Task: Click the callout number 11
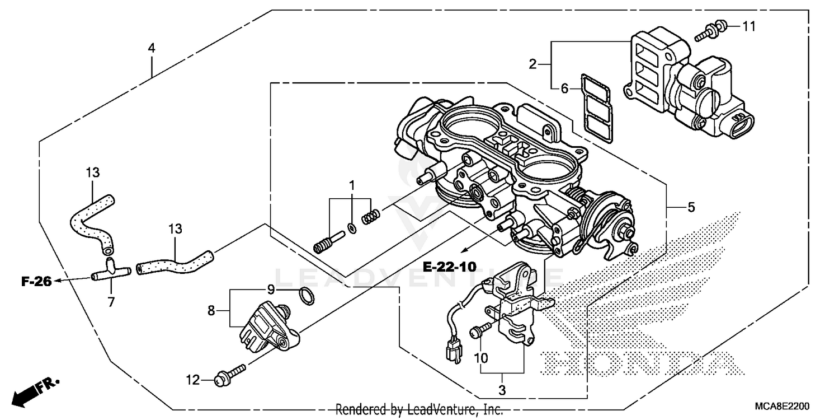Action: point(749,26)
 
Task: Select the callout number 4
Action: point(151,48)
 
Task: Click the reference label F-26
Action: point(36,282)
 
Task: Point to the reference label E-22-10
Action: point(449,267)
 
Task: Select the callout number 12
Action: point(192,381)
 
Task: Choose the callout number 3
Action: point(502,390)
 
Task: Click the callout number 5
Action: point(691,208)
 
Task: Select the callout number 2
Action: point(532,64)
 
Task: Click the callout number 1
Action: point(352,184)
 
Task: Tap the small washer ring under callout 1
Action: point(352,227)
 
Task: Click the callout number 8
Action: point(211,310)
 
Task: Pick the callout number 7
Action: point(111,302)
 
